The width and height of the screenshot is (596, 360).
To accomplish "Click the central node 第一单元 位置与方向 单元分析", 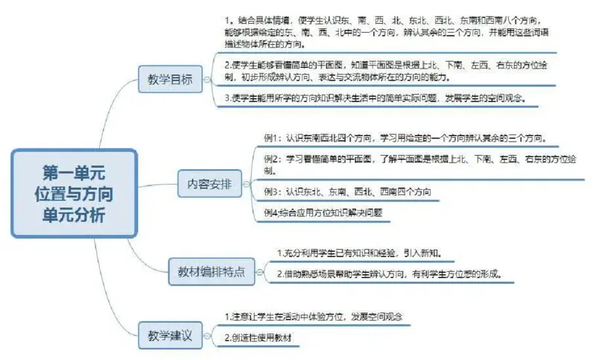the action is [x=74, y=193].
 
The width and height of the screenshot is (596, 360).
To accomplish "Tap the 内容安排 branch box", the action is [x=209, y=184].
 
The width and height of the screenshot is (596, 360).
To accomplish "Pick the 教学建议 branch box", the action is [x=170, y=335].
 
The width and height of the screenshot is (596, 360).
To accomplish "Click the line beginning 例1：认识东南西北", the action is [x=406, y=138].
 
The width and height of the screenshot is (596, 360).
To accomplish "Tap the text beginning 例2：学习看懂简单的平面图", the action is [x=417, y=165].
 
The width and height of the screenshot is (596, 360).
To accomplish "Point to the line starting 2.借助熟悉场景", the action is [x=387, y=274].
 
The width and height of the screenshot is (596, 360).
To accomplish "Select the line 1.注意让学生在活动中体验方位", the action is [x=313, y=317].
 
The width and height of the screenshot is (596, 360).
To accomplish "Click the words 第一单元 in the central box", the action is [x=74, y=173].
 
